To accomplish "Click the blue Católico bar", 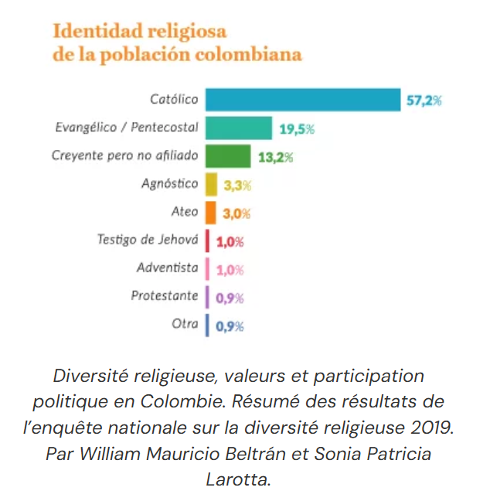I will click(x=303, y=100).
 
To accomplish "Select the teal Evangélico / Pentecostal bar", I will click(x=239, y=128).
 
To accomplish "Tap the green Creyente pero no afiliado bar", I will click(x=228, y=156).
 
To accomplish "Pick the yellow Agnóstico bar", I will click(x=211, y=185).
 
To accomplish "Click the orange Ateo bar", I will click(x=210, y=213).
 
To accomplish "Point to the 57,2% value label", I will click(x=424, y=101).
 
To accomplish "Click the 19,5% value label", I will click(x=296, y=129).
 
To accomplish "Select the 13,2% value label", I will click(x=275, y=158).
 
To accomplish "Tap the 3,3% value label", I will click(x=238, y=186).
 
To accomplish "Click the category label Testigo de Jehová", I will click(x=148, y=240).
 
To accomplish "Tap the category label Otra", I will click(x=185, y=324).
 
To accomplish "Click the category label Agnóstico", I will click(x=170, y=184).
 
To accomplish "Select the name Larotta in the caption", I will click(x=239, y=479).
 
